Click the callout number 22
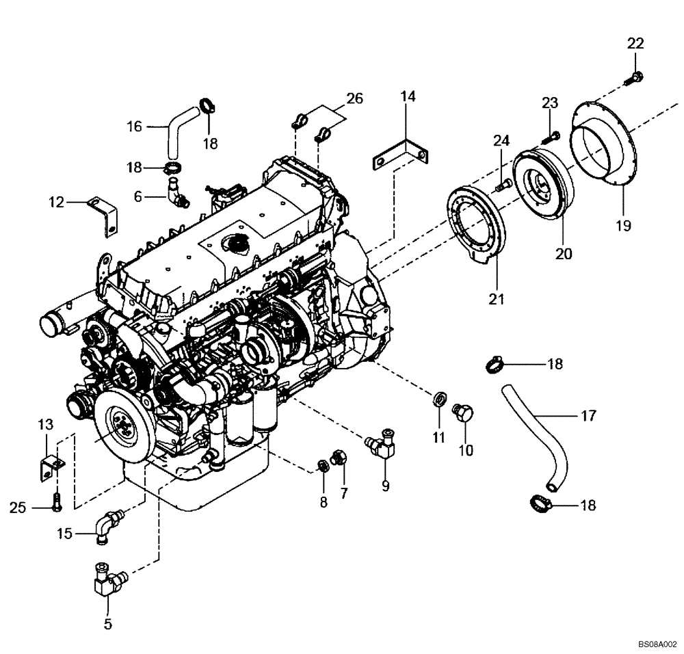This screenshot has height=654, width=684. [x=635, y=43]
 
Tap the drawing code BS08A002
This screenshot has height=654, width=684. [x=657, y=644]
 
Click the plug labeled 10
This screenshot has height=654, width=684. [x=464, y=413]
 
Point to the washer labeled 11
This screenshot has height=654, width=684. [x=439, y=398]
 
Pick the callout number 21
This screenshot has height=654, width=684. [x=496, y=298]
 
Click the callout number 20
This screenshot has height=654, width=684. [x=564, y=254]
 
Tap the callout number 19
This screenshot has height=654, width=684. [x=623, y=224]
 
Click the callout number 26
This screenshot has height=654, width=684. [x=354, y=98]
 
